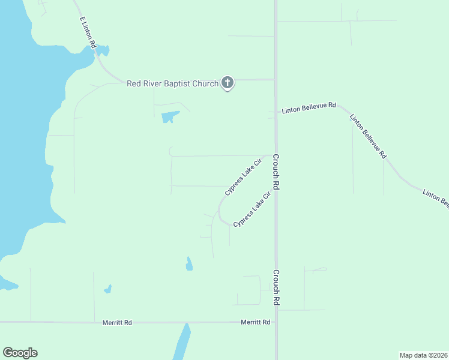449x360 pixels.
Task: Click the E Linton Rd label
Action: (x=88, y=33)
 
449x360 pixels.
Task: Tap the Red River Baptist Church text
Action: (x=172, y=83)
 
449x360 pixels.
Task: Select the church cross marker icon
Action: (x=227, y=83)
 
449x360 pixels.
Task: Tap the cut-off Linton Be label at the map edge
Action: (x=435, y=199)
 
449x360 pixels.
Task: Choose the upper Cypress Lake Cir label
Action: (x=244, y=176)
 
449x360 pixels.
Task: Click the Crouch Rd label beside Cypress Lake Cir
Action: (x=277, y=172)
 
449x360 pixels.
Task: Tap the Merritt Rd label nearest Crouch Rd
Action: (x=255, y=322)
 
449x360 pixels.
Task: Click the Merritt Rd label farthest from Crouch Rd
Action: (x=117, y=322)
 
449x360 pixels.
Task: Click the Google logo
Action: (x=20, y=353)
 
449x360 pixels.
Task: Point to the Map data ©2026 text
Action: (x=423, y=355)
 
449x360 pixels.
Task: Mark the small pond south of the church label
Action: (x=170, y=117)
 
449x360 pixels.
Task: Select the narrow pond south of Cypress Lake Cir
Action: (x=189, y=264)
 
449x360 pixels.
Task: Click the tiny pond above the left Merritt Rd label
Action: (x=107, y=289)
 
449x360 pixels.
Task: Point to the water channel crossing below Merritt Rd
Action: (x=182, y=342)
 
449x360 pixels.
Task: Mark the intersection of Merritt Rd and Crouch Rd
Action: (x=276, y=322)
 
